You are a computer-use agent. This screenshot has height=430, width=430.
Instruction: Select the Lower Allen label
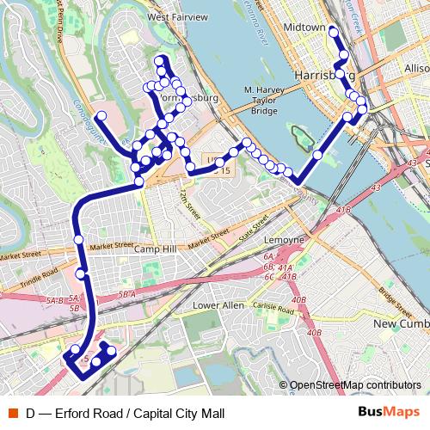[218, 305]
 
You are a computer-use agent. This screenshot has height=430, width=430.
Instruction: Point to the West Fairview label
[178, 16]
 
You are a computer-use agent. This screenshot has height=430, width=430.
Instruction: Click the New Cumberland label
[402, 322]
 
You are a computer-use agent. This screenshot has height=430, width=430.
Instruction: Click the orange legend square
[12, 413]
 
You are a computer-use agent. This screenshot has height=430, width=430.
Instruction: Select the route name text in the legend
[125, 413]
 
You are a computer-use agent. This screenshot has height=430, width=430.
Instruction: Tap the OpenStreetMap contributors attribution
[355, 385]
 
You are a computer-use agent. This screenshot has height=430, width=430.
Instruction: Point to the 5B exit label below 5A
[74, 307]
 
